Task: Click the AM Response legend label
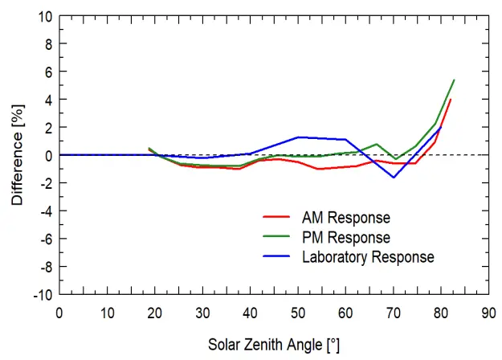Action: pos(345,218)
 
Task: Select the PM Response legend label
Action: pos(345,238)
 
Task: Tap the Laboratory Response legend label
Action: pos(368,257)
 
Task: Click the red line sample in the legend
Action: pos(275,218)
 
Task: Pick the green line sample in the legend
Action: pos(275,238)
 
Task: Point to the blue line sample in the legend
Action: pos(275,257)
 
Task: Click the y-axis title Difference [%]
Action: pos(17,154)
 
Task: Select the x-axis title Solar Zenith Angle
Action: pos(273,345)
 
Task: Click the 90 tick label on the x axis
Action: pos(488,312)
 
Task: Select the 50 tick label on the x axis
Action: pos(297,312)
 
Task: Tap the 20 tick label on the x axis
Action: pos(154,312)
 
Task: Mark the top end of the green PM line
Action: pos(455,80)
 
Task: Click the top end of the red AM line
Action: pos(451,100)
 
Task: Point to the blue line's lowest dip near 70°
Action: pos(394,177)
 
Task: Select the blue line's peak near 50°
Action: pos(298,137)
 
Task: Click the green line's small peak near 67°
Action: pos(378,144)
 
